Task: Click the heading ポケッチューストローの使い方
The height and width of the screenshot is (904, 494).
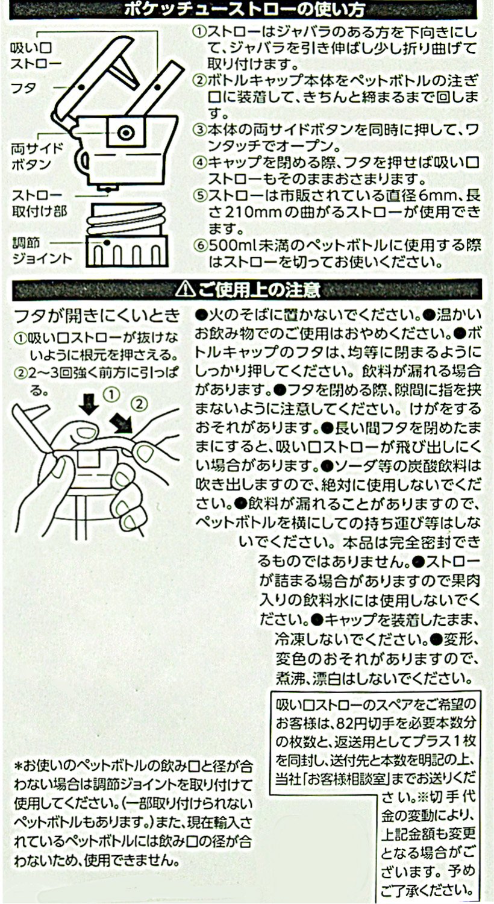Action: [x=245, y=10]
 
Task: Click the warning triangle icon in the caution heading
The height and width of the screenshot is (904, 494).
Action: [x=186, y=289]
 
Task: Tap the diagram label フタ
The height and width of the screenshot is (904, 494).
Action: [x=23, y=88]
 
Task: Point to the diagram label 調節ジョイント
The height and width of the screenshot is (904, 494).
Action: [x=42, y=251]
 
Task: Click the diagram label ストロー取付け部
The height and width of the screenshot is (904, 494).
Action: [x=40, y=204]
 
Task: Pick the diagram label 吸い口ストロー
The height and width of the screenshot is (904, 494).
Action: [x=36, y=56]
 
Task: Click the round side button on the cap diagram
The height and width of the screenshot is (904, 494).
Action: [x=125, y=132]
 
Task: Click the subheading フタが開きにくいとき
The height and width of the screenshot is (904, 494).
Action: [x=97, y=315]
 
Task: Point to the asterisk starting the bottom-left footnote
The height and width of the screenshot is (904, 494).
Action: [x=19, y=765]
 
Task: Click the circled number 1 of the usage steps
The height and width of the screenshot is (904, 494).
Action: [x=199, y=33]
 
